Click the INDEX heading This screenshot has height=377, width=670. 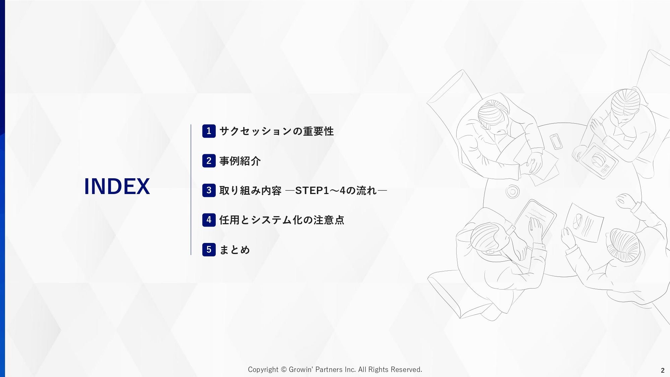tap(117, 186)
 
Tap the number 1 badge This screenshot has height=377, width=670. tap(209, 131)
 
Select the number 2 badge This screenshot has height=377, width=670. tap(209, 161)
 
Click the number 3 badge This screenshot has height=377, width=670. tap(209, 190)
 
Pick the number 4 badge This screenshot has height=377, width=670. tap(209, 220)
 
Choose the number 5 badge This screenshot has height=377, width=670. tap(209, 250)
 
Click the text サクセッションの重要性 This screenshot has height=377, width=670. tap(276, 131)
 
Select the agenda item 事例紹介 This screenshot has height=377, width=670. tap(240, 161)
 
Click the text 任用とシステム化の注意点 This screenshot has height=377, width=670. tap(282, 220)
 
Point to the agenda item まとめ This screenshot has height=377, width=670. tap(234, 250)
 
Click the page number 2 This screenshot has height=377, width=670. tap(663, 370)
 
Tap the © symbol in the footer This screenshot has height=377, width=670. tap(283, 370)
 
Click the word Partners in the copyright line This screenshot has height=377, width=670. tap(329, 370)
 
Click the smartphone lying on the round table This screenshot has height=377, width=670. tap(556, 141)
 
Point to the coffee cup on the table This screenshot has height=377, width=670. tap(512, 192)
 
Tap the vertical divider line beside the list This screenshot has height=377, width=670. tap(191, 190)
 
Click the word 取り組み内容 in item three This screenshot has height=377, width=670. tap(250, 190)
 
